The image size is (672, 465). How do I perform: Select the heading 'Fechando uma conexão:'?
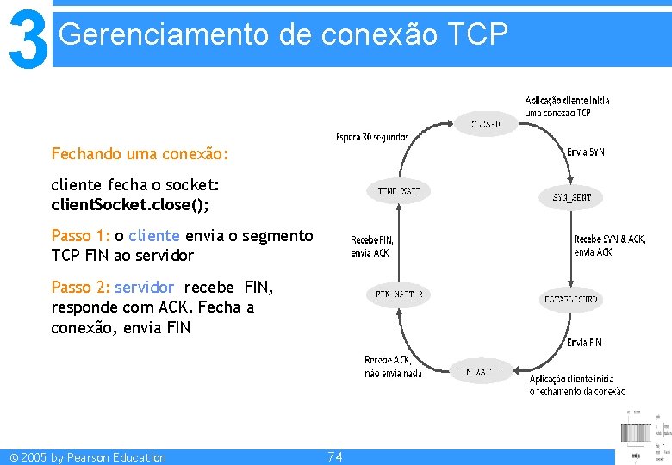click(x=140, y=154)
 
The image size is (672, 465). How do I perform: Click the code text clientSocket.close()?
click(x=130, y=204)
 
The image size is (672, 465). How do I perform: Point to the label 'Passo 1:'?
click(x=81, y=235)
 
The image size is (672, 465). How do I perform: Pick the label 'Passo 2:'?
click(x=81, y=287)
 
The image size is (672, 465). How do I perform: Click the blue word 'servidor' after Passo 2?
click(x=145, y=287)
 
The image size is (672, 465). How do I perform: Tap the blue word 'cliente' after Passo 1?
click(x=154, y=235)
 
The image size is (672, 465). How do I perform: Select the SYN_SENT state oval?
click(x=571, y=197)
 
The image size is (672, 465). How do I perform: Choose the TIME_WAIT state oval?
click(x=398, y=190)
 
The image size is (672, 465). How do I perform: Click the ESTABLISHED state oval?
click(x=571, y=300)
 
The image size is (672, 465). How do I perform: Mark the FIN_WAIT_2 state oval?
click(x=398, y=294)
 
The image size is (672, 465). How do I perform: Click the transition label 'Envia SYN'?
click(x=586, y=152)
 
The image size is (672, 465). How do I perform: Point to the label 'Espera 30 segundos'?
click(x=372, y=137)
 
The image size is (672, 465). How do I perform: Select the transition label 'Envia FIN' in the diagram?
click(x=584, y=343)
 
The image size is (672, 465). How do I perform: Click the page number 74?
click(x=335, y=456)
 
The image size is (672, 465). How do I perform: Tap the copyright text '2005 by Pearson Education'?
click(x=109, y=457)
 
